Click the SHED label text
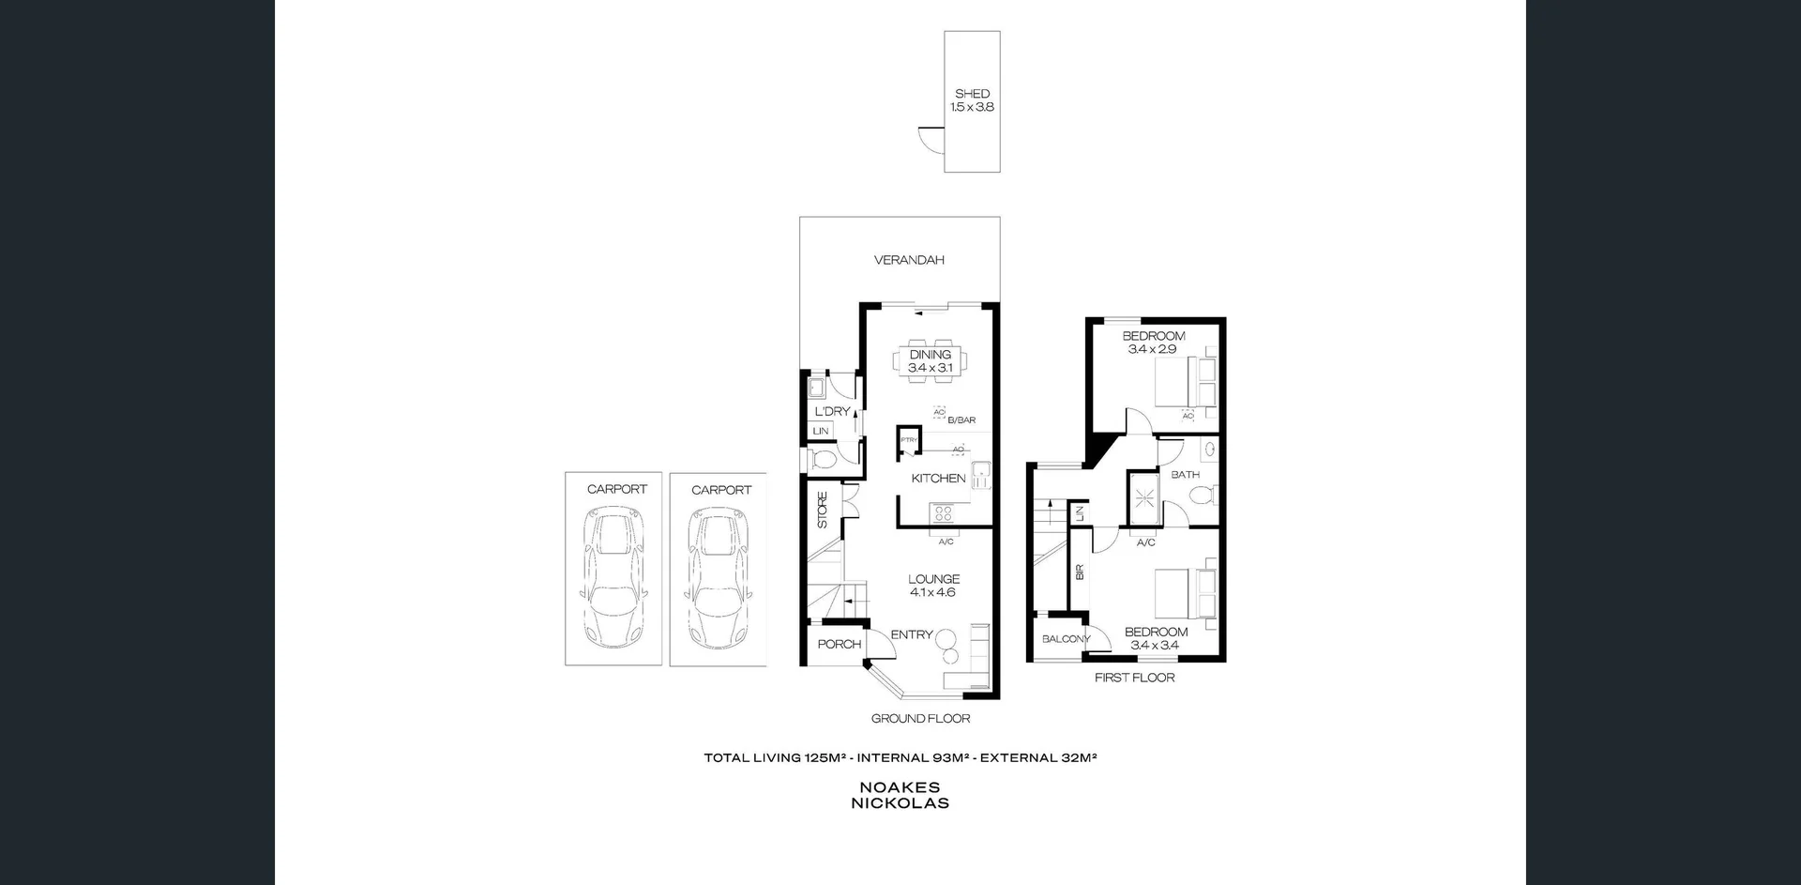[972, 94]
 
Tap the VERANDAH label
[908, 260]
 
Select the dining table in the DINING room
[930, 360]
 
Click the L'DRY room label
[831, 411]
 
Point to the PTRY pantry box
[908, 440]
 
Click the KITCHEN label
[938, 479]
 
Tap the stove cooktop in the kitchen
[942, 513]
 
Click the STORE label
[823, 510]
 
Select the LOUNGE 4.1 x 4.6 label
[933, 586]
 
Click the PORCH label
[839, 644]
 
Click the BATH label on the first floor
[1185, 475]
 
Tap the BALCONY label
[1066, 639]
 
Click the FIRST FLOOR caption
[1134, 678]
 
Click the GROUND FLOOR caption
[920, 719]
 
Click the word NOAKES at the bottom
[900, 788]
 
